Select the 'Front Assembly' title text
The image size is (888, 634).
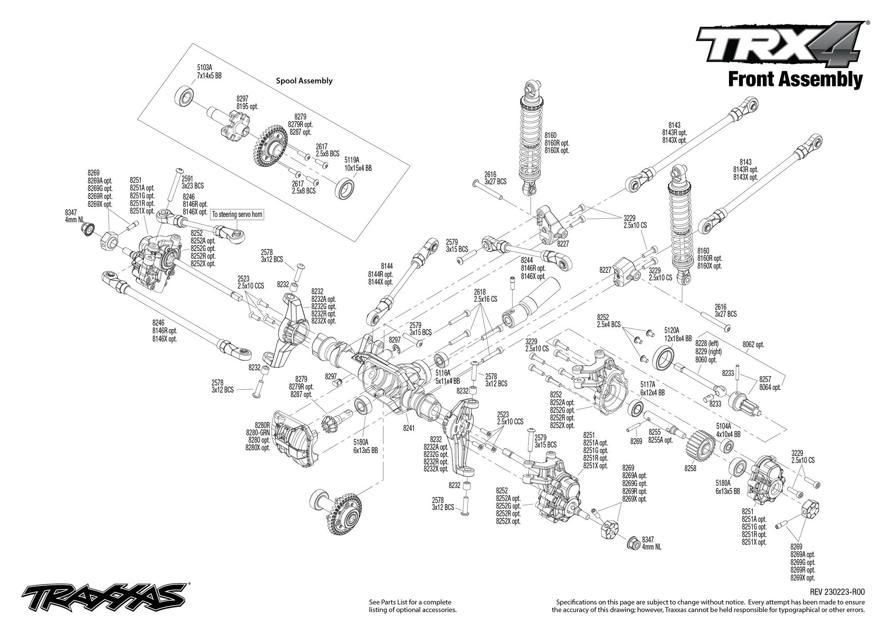tap(795, 80)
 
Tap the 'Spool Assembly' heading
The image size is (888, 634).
tap(304, 81)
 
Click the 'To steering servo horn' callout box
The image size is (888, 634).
tap(237, 215)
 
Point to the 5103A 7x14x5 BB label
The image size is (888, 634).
tap(209, 72)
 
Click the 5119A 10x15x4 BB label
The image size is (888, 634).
tap(358, 164)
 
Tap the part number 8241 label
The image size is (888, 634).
tap(409, 429)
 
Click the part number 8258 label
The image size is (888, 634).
tap(690, 468)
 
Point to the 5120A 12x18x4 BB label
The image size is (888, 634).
tap(678, 335)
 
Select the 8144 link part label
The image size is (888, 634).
tap(387, 266)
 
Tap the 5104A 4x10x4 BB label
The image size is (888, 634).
tap(728, 430)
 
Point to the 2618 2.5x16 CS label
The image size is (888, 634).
tap(485, 295)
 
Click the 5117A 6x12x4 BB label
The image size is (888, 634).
tap(652, 389)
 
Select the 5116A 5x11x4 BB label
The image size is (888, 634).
tap(448, 377)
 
